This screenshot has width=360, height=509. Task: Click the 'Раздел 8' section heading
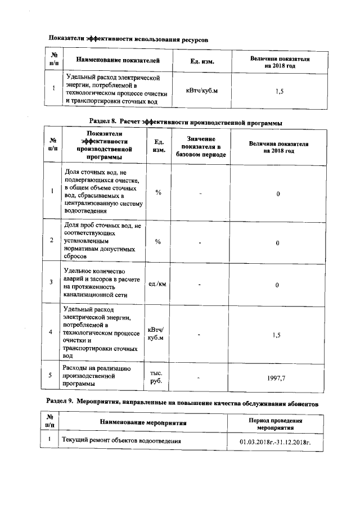pyautogui.click(x=186, y=122)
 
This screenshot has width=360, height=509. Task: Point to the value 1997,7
pyautogui.click(x=276, y=379)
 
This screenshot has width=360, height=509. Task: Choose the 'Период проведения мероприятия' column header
pyautogui.click(x=276, y=424)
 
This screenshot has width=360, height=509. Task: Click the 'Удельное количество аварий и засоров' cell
pyautogui.click(x=102, y=282)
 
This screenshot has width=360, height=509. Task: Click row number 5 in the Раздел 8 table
pyautogui.click(x=52, y=376)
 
